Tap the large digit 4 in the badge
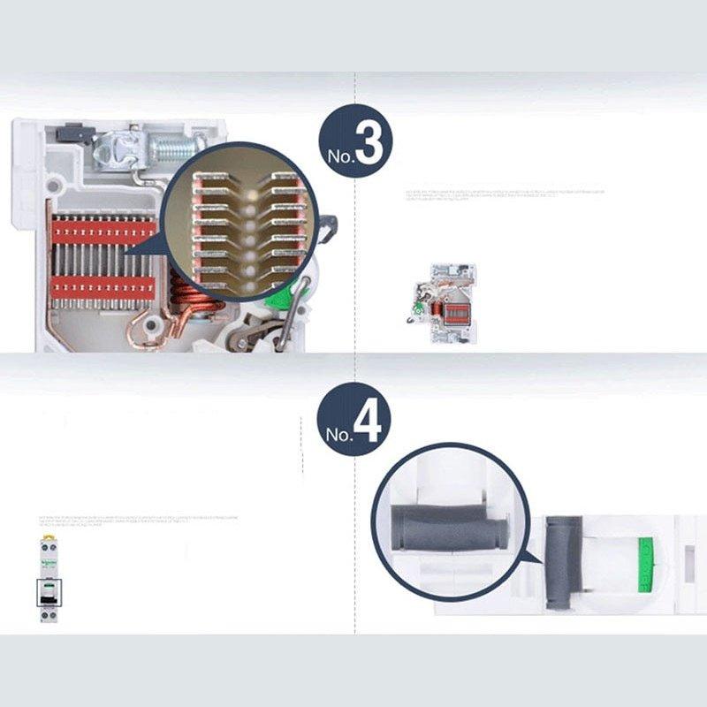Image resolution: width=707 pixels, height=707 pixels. (x=368, y=423)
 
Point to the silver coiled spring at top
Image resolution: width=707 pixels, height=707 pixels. (x=176, y=147)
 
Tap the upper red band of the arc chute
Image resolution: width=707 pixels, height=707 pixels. (x=102, y=232)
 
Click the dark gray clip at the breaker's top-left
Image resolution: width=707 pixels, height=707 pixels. (x=74, y=134)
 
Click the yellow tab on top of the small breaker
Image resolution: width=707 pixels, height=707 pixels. (x=47, y=537)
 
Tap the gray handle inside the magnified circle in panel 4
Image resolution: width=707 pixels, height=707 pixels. (x=450, y=528)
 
